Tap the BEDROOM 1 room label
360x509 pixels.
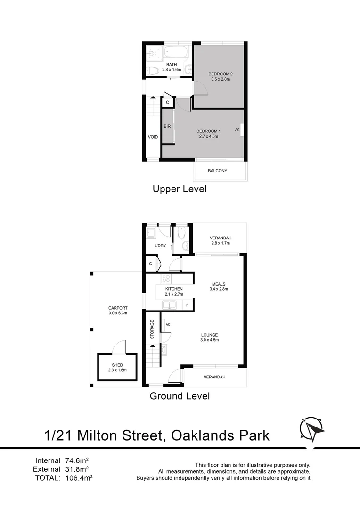pyautogui.click(x=208, y=131)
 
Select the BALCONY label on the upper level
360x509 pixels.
pyautogui.click(x=218, y=171)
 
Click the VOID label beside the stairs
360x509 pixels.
pyautogui.click(x=153, y=137)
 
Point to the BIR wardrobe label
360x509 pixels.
pyautogui.click(x=167, y=126)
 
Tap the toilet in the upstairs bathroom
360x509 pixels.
pyautogui.click(x=152, y=71)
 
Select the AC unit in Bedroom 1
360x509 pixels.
pyautogui.click(x=241, y=130)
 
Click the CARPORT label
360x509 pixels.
pyautogui.click(x=118, y=308)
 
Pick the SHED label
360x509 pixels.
pyautogui.click(x=117, y=365)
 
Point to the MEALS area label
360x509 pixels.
pyautogui.click(x=218, y=284)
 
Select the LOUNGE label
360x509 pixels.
pyautogui.click(x=209, y=335)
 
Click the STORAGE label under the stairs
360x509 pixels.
pyautogui.click(x=152, y=329)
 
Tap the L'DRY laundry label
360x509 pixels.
pyautogui.click(x=160, y=246)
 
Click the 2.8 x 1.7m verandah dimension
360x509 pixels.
pyautogui.click(x=220, y=244)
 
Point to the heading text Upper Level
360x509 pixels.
pyautogui.click(x=180, y=189)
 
